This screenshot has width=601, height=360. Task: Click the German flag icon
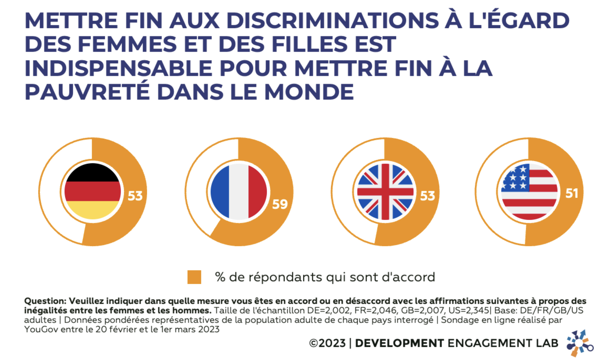click(x=92, y=191)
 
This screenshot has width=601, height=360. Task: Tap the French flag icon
click(x=239, y=191)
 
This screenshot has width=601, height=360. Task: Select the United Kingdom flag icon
click(x=385, y=192)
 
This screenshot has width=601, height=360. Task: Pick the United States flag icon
click(x=529, y=192)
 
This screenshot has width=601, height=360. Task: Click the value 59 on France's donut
click(x=280, y=204)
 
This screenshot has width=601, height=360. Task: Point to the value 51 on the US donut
click(x=572, y=193)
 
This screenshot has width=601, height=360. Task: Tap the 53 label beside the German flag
click(x=135, y=196)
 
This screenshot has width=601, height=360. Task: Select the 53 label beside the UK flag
click(x=428, y=196)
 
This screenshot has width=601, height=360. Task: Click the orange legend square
click(x=194, y=277)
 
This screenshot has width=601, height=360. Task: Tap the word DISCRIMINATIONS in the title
click(x=333, y=20)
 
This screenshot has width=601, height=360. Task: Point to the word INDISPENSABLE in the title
click(x=118, y=68)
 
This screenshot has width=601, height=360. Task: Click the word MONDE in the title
click(x=309, y=92)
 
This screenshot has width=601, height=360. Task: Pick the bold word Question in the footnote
click(x=45, y=301)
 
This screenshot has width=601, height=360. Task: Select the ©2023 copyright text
click(x=327, y=343)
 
